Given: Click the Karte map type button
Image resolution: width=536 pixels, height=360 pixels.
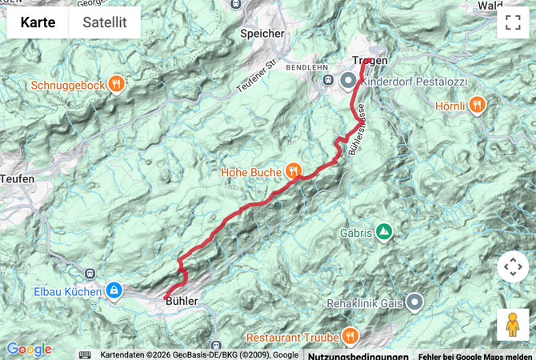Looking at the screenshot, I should pyautogui.click(x=38, y=22).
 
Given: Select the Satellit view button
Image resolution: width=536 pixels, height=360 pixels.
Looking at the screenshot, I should pyautogui.click(x=104, y=22).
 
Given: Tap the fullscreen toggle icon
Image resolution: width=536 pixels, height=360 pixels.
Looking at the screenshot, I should pyautogui.click(x=513, y=22).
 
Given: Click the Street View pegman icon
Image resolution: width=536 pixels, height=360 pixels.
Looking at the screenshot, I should pyautogui.click(x=513, y=325).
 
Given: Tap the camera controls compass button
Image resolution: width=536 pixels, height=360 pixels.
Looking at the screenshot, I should pyautogui.click(x=513, y=266).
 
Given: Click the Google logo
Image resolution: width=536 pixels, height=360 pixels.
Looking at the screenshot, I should pyautogui.click(x=29, y=350).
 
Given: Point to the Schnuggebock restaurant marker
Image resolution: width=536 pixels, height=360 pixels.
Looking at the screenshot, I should pyautogui.click(x=117, y=84).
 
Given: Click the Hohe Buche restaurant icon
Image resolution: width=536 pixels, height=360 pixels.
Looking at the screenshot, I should pyautogui.click(x=294, y=170).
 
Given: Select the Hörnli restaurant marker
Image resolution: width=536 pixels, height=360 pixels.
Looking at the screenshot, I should pyautogui.click(x=478, y=103).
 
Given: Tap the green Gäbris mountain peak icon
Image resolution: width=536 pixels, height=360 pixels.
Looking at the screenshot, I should pyautogui.click(x=384, y=232).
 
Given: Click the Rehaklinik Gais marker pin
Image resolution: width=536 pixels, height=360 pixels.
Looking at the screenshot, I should pyautogui.click(x=414, y=302).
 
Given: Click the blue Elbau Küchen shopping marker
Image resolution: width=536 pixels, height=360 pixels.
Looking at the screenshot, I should pyautogui.click(x=114, y=290).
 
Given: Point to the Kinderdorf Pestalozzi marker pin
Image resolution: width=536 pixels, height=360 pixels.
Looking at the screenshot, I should pyautogui.click(x=349, y=81).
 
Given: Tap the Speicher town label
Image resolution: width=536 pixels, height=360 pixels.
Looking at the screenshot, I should pyautogui.click(x=262, y=34).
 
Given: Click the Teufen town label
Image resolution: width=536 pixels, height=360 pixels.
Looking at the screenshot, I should pyautogui.click(x=17, y=179).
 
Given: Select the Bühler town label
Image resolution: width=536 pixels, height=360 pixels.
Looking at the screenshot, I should pyautogui.click(x=181, y=299).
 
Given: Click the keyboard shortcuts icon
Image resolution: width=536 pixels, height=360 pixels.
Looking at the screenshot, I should pyautogui.click(x=85, y=354).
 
